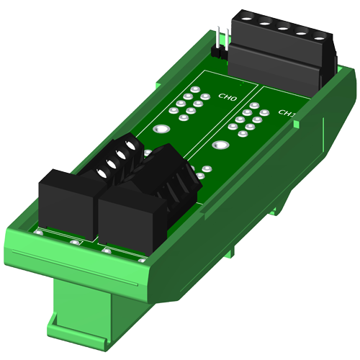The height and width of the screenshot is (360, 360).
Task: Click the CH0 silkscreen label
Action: click(228, 97)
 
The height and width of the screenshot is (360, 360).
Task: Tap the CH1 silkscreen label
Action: click(287, 113)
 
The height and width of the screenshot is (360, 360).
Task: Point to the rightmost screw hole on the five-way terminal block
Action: click(319, 38)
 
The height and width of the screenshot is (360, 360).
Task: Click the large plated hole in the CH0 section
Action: click(161, 129)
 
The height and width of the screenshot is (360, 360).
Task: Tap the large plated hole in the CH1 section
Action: click(221, 145)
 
